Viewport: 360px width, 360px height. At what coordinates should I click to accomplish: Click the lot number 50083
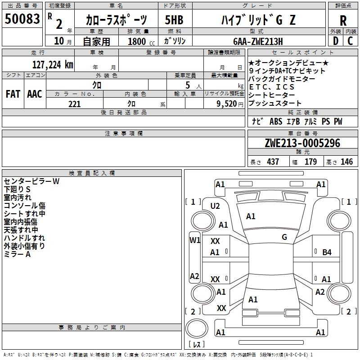click(x=22, y=19)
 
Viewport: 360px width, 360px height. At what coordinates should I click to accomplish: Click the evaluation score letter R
click(x=343, y=20)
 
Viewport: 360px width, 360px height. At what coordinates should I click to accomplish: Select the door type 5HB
click(x=174, y=20)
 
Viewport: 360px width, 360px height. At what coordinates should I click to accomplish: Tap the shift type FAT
click(x=13, y=94)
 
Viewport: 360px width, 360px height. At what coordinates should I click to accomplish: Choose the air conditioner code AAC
click(x=35, y=94)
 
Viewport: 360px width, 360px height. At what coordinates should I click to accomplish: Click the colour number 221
click(x=74, y=104)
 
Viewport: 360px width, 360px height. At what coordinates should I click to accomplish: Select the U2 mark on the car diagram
click(x=215, y=206)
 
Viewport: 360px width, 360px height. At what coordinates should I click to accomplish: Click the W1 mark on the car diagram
click(x=194, y=240)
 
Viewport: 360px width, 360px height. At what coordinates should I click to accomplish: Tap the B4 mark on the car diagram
click(x=327, y=252)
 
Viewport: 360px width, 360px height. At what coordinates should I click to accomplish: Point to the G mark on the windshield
click(x=284, y=237)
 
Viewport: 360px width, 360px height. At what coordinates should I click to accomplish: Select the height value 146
click(x=346, y=162)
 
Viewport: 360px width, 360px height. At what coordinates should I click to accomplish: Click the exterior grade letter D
click(x=335, y=41)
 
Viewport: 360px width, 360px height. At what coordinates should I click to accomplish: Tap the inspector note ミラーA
click(x=17, y=254)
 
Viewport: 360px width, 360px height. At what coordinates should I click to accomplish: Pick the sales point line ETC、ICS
click(x=271, y=87)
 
